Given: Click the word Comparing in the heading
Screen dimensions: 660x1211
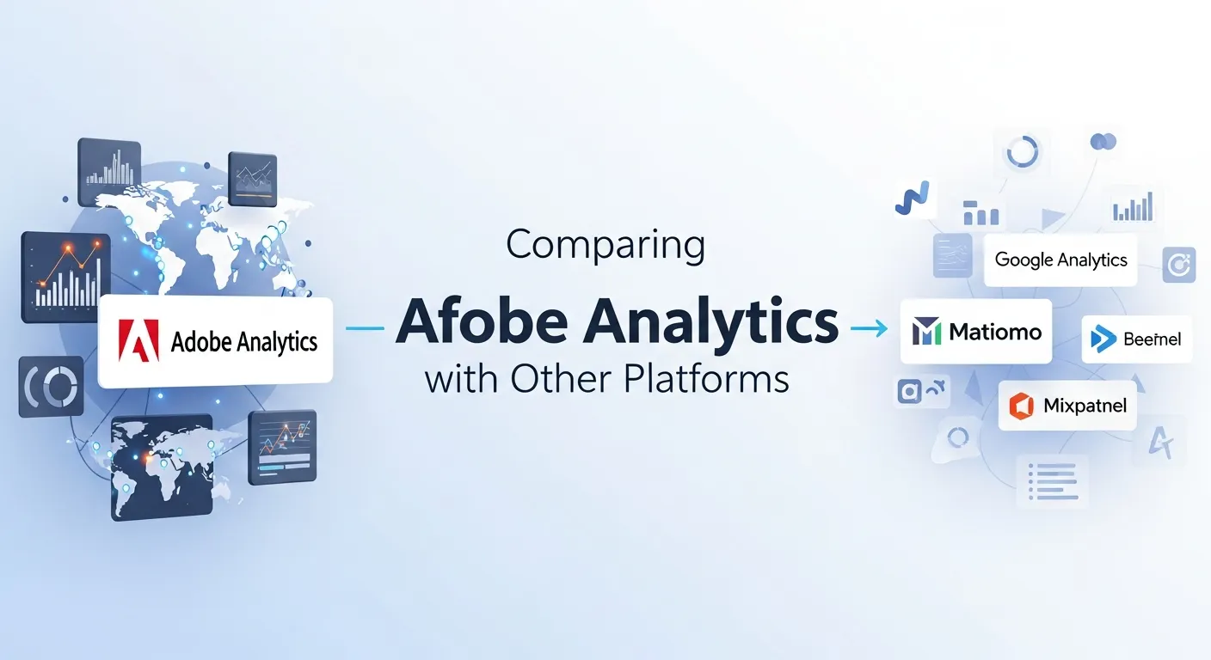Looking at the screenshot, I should pos(605,246).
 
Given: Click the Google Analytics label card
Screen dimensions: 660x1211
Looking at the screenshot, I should pos(1060,260).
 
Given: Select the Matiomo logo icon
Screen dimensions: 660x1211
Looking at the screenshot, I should pos(927,332).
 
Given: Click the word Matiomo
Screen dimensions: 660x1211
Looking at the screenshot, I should pos(996,332).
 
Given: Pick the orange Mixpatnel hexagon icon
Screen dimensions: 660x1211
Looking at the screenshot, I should pos(1022,406).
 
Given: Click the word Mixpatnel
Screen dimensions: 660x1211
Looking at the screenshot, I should pos(1084,406).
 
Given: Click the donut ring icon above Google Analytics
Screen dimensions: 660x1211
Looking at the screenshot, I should pos(1023,153).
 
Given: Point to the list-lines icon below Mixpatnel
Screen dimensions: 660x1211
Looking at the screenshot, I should pos(1052,481).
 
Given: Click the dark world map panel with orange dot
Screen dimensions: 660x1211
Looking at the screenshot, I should pos(161,467).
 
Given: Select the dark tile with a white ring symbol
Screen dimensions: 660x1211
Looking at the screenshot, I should pos(52,388).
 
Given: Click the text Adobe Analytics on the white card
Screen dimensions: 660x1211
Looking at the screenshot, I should pos(244,341).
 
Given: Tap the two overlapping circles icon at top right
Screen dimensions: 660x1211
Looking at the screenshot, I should pos(1102,142).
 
